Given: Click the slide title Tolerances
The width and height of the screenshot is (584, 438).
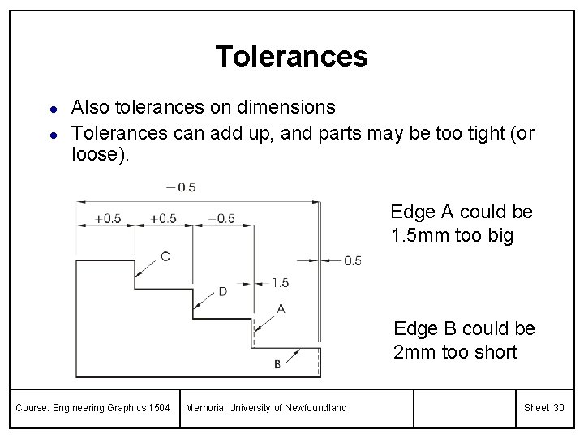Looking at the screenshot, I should click(x=291, y=56).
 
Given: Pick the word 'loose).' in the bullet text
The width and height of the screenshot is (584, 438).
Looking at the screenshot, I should click(x=100, y=154).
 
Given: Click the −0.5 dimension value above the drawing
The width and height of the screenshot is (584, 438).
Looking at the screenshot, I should click(x=180, y=187).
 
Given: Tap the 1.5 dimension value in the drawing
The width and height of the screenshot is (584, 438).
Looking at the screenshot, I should click(x=280, y=283).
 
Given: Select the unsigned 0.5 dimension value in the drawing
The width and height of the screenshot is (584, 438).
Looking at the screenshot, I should click(x=353, y=260).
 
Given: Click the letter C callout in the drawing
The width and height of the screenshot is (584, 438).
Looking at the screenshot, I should click(x=165, y=257).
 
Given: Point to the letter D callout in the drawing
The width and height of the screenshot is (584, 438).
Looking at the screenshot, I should click(x=223, y=291).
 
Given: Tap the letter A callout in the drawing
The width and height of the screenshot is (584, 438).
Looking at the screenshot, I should click(x=281, y=308).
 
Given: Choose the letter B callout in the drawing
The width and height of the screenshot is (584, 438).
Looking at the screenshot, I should click(x=277, y=364).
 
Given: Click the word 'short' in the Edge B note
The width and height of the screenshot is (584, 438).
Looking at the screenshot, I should click(x=494, y=353).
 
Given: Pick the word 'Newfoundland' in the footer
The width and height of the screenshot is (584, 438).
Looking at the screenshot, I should click(x=316, y=407).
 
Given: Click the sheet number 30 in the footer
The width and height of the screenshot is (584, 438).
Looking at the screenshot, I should click(x=558, y=407).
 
